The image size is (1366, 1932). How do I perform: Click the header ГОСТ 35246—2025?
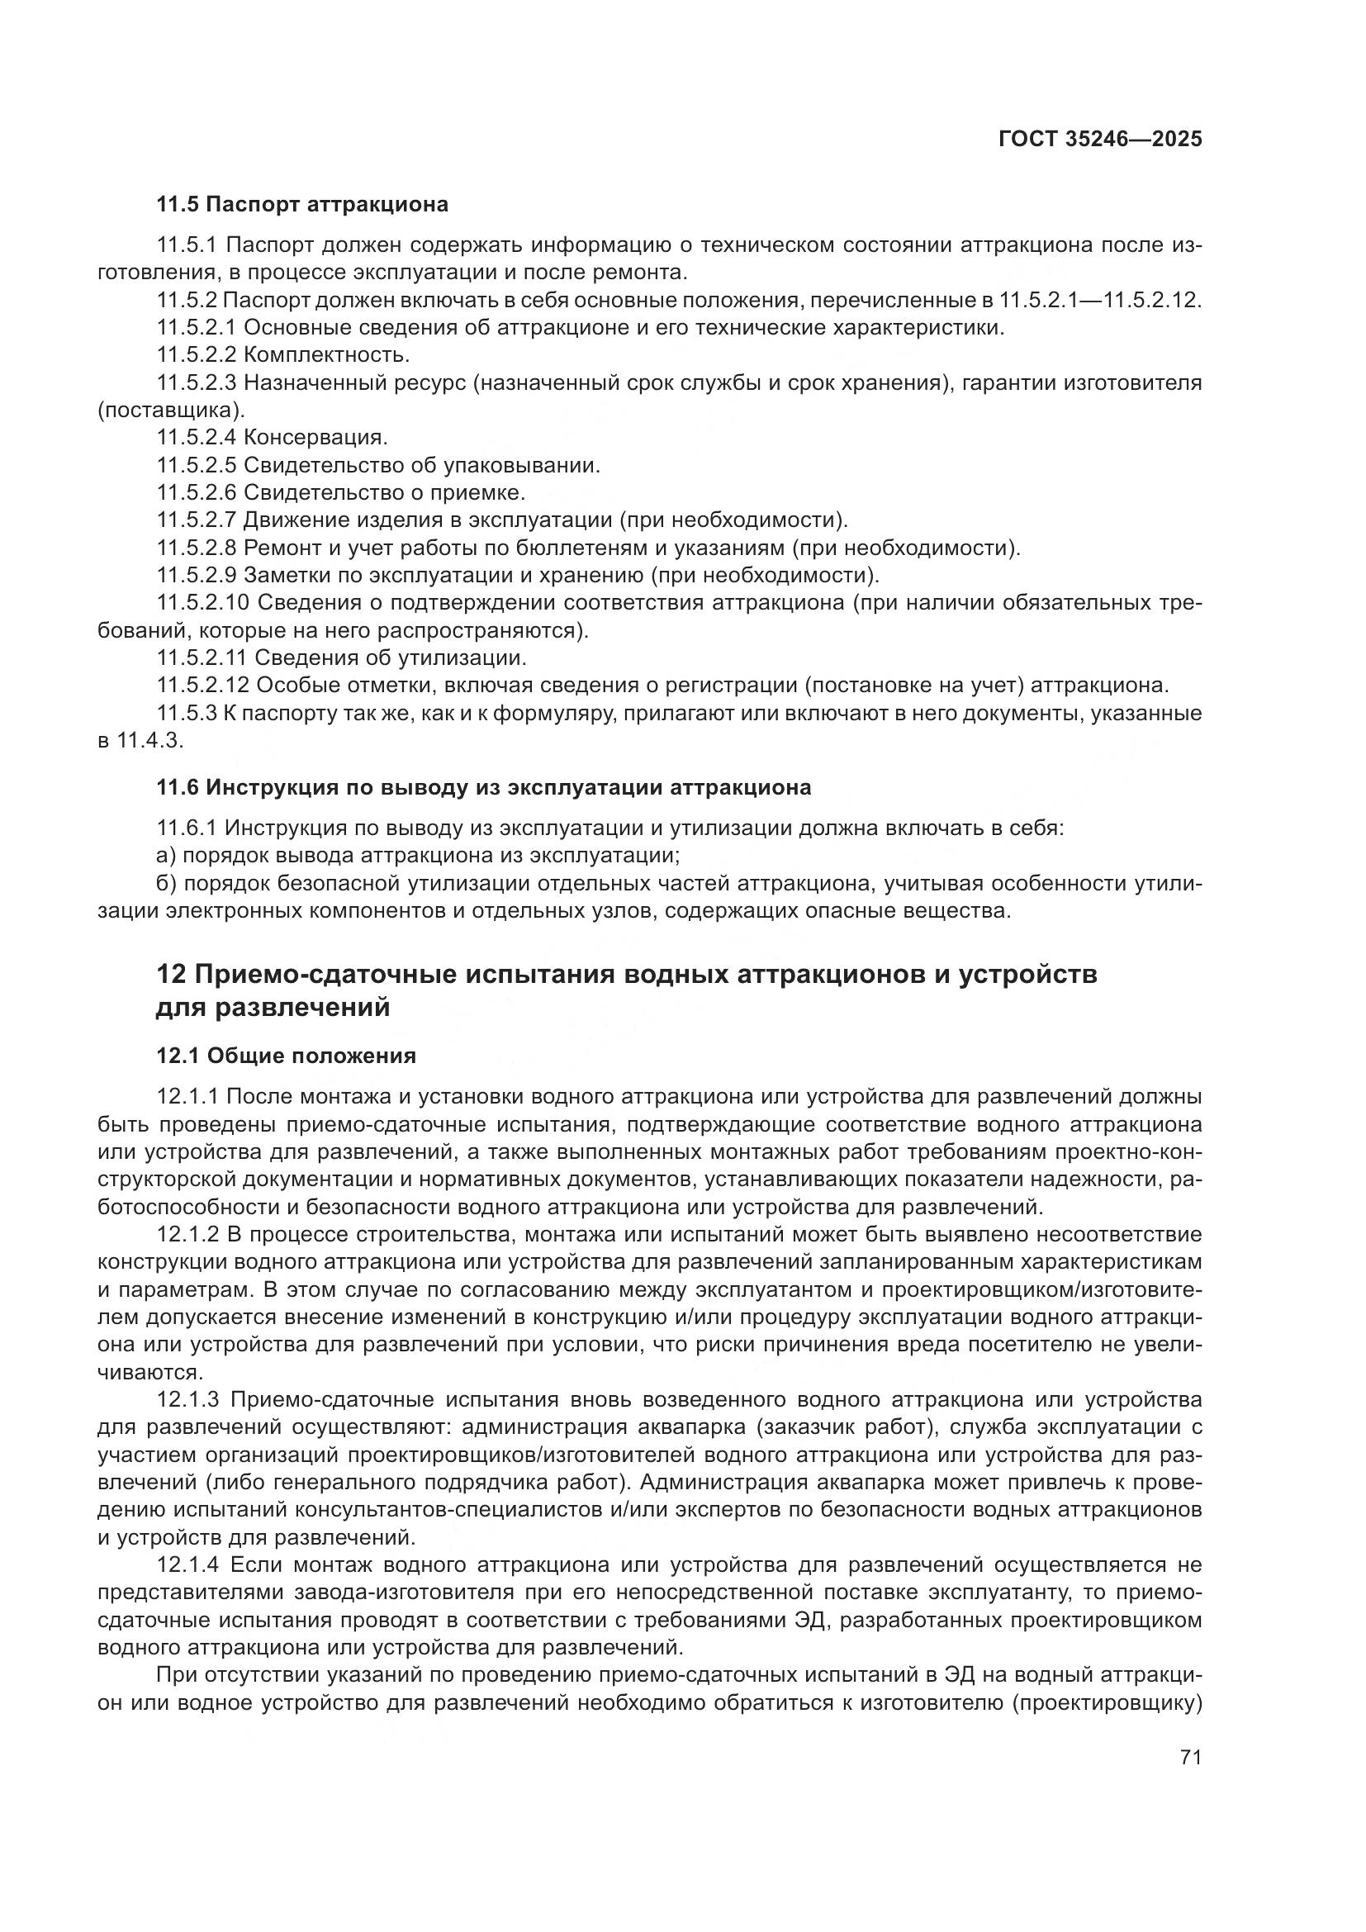click(x=1099, y=140)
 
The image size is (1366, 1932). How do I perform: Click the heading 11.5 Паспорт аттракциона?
click(x=302, y=205)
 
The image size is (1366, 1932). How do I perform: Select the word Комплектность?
click(x=326, y=355)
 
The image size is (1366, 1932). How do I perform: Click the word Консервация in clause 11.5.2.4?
click(x=315, y=438)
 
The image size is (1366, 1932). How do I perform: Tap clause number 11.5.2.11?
click(x=202, y=657)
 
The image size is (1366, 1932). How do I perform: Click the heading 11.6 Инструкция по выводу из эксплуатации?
click(x=484, y=788)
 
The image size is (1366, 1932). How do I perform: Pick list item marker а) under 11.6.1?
click(x=166, y=856)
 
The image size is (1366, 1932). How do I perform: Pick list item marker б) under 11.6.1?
click(x=166, y=884)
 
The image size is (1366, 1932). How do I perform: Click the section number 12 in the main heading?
click(x=171, y=975)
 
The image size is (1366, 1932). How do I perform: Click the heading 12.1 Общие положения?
click(x=286, y=1055)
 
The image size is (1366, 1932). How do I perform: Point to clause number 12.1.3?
click(x=188, y=1399)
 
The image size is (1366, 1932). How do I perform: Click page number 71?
click(x=1190, y=1757)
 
